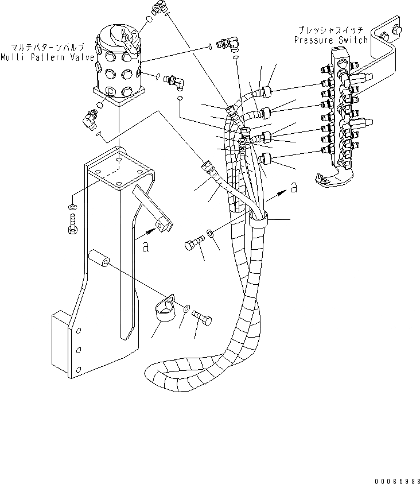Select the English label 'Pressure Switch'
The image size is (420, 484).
[330, 40]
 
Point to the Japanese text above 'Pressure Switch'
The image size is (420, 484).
[331, 29]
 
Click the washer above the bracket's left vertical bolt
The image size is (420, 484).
[71, 206]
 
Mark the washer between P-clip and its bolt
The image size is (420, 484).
[188, 309]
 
